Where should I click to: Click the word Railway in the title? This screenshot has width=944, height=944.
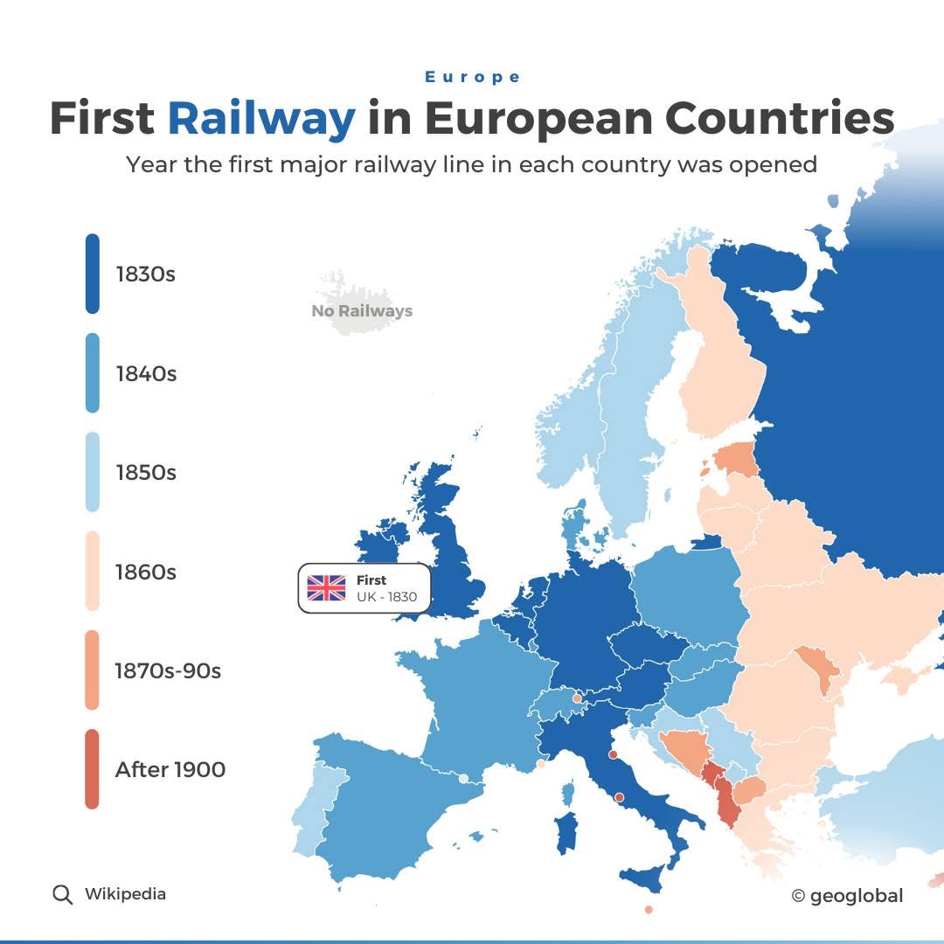pos(261,119)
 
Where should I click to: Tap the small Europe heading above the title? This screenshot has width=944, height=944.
pos(473,77)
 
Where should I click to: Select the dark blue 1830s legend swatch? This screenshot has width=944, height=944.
pos(93,274)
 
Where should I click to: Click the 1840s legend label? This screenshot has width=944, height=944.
pos(146,373)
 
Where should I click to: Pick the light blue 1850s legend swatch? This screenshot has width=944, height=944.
pos(93,472)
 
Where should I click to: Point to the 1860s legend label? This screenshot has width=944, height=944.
pos(146,572)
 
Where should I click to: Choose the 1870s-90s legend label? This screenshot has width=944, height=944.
pos(168,670)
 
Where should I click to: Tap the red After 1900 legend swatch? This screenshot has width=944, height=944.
pos(93,769)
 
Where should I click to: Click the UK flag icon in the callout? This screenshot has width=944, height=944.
pos(326,588)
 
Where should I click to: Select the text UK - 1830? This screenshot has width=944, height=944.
pos(386,598)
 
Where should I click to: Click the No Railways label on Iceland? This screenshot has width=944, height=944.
pos(362,310)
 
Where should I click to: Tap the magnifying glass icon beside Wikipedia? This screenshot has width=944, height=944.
pos(62,894)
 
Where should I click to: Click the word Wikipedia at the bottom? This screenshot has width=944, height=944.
pos(125,894)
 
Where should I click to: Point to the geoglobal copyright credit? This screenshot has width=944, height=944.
pos(847,896)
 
